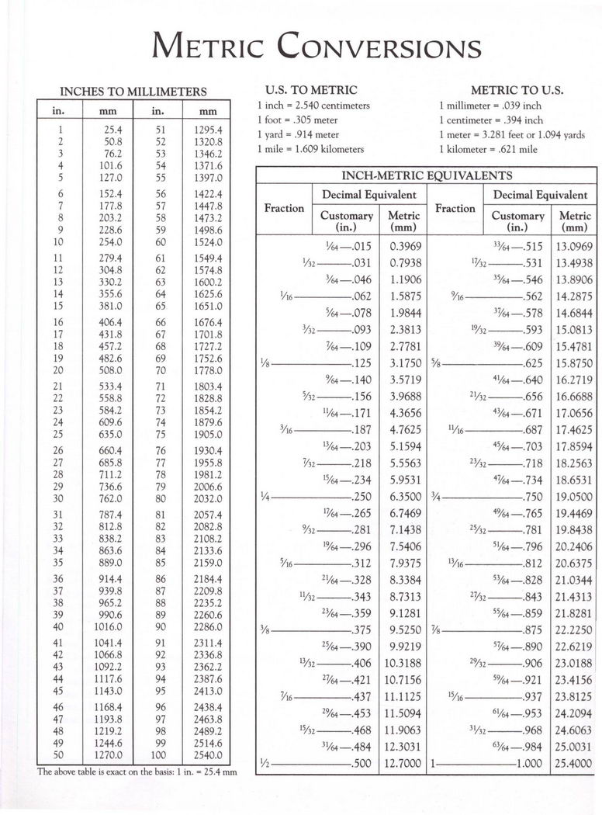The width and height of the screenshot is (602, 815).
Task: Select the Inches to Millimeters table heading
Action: [x=133, y=92]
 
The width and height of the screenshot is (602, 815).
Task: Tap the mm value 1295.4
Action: [x=208, y=130]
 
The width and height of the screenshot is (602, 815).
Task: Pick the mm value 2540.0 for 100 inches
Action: [x=208, y=754]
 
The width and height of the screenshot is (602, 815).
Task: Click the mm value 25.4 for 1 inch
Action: [x=108, y=130]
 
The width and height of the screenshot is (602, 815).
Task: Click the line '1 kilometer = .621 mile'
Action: [x=488, y=148]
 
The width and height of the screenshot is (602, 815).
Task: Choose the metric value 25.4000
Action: [x=573, y=764]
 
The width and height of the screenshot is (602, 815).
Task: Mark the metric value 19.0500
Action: [x=573, y=497]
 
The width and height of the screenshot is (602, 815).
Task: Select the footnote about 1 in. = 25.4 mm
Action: [x=136, y=772]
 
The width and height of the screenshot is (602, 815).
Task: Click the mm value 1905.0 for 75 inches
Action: [x=208, y=435]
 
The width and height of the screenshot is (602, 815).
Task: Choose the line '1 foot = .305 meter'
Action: [x=298, y=120]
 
